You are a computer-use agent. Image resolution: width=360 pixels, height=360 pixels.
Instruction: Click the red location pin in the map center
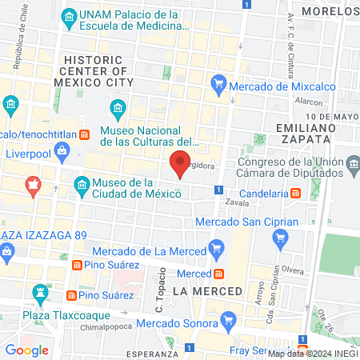click(x=180, y=164)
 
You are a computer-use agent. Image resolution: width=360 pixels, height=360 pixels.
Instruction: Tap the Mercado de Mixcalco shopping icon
click(x=218, y=82)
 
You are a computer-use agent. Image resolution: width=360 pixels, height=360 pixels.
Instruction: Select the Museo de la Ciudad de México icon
click(x=82, y=185)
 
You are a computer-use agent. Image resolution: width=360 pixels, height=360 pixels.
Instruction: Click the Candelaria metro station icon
click(x=295, y=193)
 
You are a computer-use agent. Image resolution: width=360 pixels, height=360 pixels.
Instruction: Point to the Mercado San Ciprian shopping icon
click(x=280, y=237)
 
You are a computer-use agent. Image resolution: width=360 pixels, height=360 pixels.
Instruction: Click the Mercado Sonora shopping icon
click(x=230, y=323)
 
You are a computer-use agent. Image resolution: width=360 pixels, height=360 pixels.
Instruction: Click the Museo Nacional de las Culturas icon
click(x=118, y=107)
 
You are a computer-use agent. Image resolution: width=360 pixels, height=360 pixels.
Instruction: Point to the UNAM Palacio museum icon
click(x=69, y=16)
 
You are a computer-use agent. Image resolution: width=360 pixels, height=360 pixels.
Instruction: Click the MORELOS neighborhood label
click(x=327, y=11)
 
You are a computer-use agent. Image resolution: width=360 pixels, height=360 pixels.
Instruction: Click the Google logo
click(x=26, y=350)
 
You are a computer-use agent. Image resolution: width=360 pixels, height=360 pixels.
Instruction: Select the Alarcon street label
click(x=308, y=102)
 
